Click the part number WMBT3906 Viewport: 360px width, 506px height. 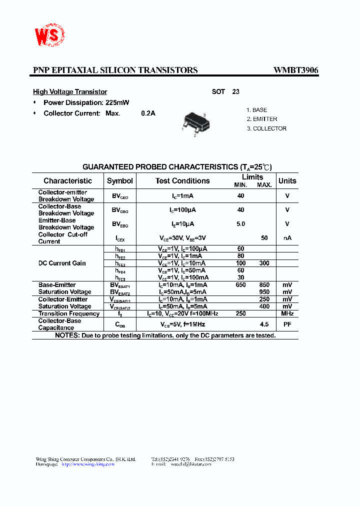coord(295,70)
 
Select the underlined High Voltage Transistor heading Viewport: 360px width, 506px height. coord(70,92)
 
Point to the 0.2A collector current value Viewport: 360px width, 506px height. coord(148,113)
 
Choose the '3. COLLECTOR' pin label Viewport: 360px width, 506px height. coord(266,128)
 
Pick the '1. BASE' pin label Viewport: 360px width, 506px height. coord(257,110)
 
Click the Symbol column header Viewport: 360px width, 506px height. coord(120,181)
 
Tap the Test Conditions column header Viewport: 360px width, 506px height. coord(182,181)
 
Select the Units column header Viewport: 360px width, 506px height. coord(287,181)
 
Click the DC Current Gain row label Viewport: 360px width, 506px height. coord(62,263)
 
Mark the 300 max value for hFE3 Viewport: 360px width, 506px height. coord(264,263)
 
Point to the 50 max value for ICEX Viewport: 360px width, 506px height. coord(264,238)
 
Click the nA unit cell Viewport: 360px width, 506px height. coord(287,238)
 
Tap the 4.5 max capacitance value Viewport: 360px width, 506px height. coord(264,324)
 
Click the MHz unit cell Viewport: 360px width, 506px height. coord(287,313)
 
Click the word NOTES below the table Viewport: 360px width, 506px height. coord(67,335)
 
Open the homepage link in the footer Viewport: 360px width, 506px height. coord(88,464)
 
